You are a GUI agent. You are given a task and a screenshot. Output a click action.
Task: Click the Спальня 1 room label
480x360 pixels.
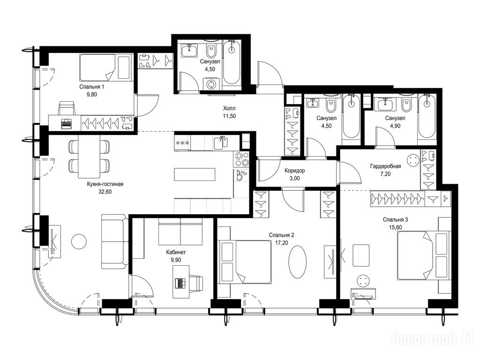tap(91, 87)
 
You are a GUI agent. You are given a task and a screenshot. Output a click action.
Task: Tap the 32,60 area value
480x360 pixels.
tap(105, 192)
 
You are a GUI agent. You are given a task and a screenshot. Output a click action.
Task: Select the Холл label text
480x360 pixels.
tap(229, 108)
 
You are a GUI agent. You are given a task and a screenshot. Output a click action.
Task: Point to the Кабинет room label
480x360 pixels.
tap(176, 252)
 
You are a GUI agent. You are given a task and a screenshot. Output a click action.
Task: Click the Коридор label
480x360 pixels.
tap(294, 171)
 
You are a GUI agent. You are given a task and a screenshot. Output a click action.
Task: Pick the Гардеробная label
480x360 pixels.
tap(385, 166)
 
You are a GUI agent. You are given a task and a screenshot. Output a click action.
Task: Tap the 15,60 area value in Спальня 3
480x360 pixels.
tap(396, 227)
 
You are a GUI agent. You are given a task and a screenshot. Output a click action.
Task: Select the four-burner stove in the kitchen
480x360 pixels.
tap(242, 159)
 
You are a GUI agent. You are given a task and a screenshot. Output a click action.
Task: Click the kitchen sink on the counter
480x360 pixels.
tap(221, 143)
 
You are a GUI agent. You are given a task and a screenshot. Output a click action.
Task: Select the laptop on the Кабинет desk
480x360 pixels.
tap(180, 283)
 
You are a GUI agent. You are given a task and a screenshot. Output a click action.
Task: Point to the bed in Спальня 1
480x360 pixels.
tap(106, 67)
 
